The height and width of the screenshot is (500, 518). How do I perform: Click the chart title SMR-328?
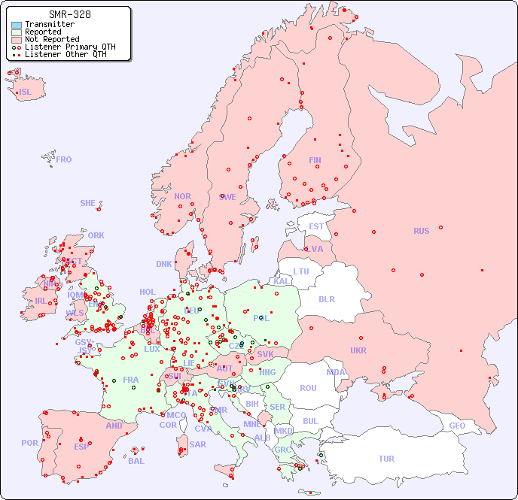[x=69, y=14]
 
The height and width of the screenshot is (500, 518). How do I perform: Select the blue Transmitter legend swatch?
[x=17, y=25]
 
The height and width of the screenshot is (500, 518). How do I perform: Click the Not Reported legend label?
[x=51, y=40]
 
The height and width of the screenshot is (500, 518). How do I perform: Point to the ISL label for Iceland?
[x=26, y=92]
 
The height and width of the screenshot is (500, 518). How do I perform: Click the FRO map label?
[x=64, y=159]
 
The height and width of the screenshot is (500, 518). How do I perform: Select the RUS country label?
[x=421, y=231]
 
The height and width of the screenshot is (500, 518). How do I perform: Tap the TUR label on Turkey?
[x=386, y=459]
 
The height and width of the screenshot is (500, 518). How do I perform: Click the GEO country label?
[x=457, y=426]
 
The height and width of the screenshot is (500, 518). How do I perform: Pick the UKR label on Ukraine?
[x=358, y=350]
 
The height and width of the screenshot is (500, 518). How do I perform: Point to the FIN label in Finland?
[x=315, y=160]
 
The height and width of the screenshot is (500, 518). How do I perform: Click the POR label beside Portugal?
[x=29, y=443]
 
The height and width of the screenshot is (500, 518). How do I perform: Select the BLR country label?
[x=326, y=298]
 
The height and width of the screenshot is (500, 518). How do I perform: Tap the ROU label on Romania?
[x=308, y=388]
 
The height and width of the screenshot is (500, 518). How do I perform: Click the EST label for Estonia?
[x=316, y=226]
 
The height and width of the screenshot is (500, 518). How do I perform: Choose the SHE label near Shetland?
[x=88, y=203]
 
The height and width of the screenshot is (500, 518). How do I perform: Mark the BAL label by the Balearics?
[x=136, y=461]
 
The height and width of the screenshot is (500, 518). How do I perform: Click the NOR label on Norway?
[x=182, y=196]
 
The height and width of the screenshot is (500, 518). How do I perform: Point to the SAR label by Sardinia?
[x=197, y=444]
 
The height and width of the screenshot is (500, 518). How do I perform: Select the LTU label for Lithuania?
[x=301, y=271]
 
